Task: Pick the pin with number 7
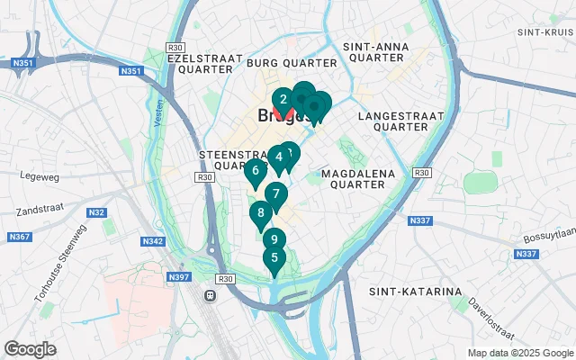[275, 193]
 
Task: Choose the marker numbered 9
[274, 240]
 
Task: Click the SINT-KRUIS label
[540, 31]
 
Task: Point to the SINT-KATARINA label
[415, 292]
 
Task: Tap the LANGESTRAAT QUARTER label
[400, 121]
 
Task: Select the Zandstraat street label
[38, 213]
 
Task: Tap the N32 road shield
[97, 213]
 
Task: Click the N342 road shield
[153, 241]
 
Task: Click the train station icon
[211, 295]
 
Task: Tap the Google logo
[31, 349]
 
